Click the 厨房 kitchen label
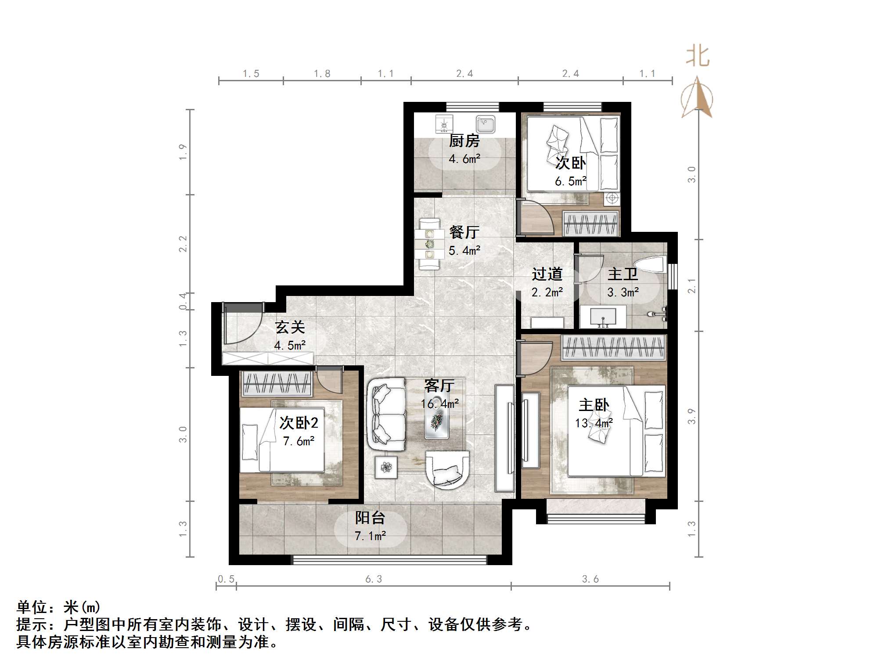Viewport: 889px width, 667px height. point(464,141)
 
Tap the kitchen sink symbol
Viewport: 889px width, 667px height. point(486,124)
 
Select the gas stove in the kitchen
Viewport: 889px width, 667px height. point(444,124)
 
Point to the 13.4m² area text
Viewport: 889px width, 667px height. point(594,423)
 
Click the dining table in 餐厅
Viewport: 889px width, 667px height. point(429,244)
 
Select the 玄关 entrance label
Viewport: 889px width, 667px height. point(290,327)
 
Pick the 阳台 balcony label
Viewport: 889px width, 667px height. point(370,518)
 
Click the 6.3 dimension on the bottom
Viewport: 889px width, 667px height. point(374,579)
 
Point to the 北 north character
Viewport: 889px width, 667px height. point(697,57)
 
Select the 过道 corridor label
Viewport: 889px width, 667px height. point(547,274)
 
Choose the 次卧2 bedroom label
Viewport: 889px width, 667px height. point(299,423)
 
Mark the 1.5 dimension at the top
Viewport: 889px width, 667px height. point(251,74)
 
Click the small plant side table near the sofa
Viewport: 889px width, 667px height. point(386,467)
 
